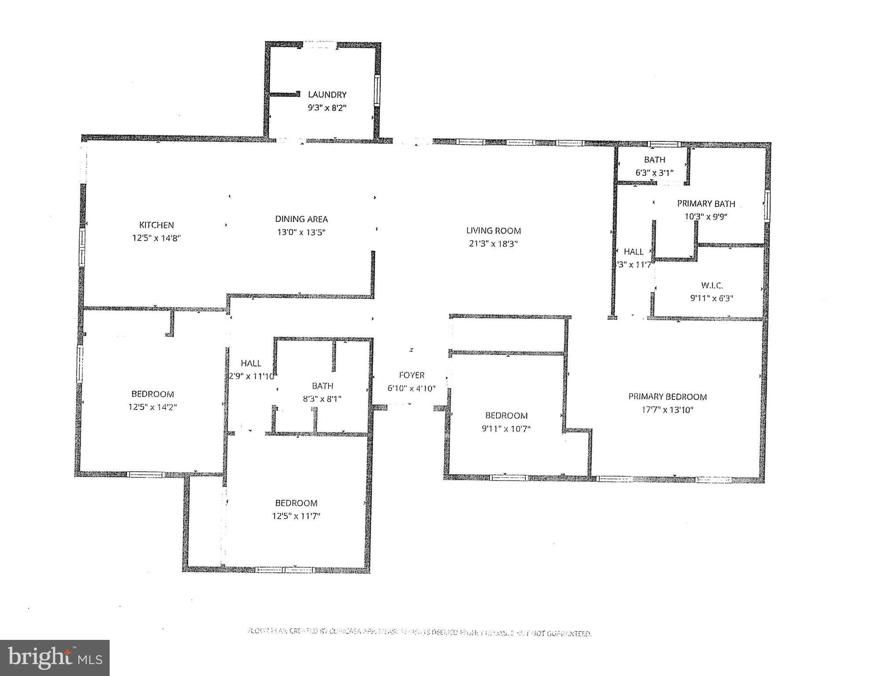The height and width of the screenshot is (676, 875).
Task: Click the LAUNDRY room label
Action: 327,94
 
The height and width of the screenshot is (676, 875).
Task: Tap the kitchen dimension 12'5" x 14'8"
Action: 157,238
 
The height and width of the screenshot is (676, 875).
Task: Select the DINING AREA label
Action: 301,219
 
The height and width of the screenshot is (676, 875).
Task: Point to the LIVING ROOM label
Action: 493,230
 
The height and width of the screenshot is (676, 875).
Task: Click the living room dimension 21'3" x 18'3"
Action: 493,244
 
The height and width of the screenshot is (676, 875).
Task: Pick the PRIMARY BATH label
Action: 706,203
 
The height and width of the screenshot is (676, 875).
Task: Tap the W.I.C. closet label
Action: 712,285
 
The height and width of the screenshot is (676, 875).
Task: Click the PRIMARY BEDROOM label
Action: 667,397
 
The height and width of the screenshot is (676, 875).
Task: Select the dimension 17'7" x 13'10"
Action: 667,410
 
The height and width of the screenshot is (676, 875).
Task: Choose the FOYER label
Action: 412,375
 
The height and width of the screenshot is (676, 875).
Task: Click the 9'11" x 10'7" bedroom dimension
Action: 506,428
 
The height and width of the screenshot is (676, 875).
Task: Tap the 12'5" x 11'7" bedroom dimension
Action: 296,516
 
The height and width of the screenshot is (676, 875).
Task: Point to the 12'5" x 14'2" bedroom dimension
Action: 152,407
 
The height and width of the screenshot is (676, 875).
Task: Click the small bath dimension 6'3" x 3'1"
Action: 654,173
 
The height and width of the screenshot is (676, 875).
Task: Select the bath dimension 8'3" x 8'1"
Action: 322,399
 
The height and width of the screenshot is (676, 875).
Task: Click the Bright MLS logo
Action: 55,658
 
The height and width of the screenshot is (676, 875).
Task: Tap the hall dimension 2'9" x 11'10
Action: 251,376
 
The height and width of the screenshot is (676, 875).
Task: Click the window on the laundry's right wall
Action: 377,90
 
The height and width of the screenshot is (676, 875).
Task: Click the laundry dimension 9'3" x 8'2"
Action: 327,107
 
